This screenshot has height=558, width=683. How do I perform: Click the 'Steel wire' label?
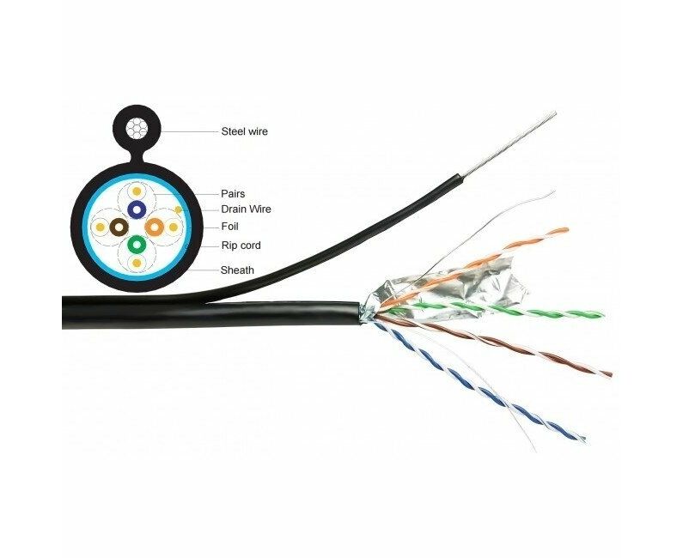pyautogui.click(x=244, y=131)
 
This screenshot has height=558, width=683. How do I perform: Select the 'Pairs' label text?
pyautogui.click(x=233, y=194)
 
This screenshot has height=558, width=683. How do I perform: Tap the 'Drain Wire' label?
pyautogui.click(x=246, y=209)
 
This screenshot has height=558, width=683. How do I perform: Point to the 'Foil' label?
pyautogui.click(x=229, y=227)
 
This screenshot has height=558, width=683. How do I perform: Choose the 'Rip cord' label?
pyautogui.click(x=241, y=246)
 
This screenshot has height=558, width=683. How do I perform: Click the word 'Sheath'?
pyautogui.click(x=237, y=270)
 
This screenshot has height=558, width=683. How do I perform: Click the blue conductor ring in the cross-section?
pyautogui.click(x=137, y=209)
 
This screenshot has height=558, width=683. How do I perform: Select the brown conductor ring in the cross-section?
pyautogui.click(x=119, y=227)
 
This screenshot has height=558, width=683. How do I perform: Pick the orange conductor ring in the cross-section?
pyautogui.click(x=154, y=227)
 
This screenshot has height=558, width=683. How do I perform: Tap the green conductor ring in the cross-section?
pyautogui.click(x=137, y=245)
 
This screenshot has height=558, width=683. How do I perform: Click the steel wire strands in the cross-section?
pyautogui.click(x=137, y=129)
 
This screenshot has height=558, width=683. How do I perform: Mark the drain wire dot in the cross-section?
pyautogui.click(x=178, y=209)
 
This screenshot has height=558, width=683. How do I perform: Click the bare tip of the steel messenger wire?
pyautogui.click(x=555, y=113)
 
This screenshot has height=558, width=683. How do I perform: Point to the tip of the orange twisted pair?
pyautogui.click(x=567, y=230)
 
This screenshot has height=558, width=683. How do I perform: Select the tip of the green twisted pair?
pyautogui.click(x=601, y=314)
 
